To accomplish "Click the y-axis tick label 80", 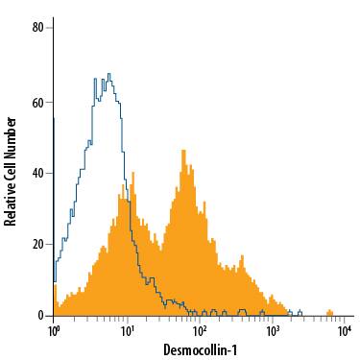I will [x=38, y=28].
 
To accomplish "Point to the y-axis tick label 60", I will [x=38, y=101].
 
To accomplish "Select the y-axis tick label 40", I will [x=38, y=173].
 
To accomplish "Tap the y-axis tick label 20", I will [x=38, y=244].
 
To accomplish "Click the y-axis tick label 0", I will [x=42, y=315].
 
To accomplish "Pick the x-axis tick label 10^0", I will [x=56, y=331].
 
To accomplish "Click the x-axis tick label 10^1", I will [x=128, y=331].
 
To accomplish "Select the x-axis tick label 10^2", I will [x=201, y=331].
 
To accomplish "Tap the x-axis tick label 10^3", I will [x=274, y=331].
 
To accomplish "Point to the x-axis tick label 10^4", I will [x=346, y=331].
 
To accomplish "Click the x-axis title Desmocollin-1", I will [x=200, y=350].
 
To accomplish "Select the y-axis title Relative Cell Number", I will [x=11, y=171].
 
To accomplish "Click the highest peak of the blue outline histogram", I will [x=109, y=74].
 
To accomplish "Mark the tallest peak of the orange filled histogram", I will [x=183, y=151].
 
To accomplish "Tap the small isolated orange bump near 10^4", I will [x=329, y=312].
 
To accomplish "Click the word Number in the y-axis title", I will [x=11, y=133].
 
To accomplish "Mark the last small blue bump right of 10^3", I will [x=300, y=311].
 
